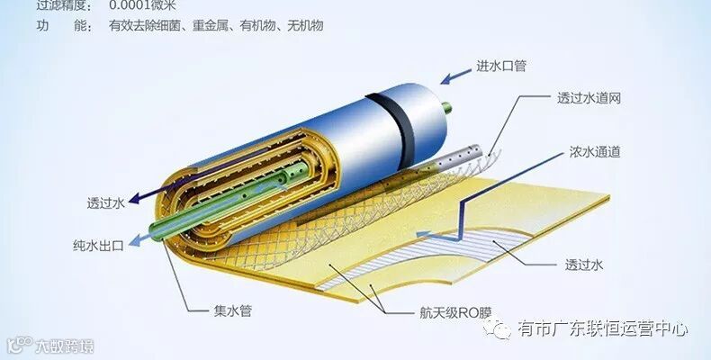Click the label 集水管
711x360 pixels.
coord(233,311)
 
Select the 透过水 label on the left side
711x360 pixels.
coord(105,203)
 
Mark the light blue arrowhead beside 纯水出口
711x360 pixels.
coord(136,240)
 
